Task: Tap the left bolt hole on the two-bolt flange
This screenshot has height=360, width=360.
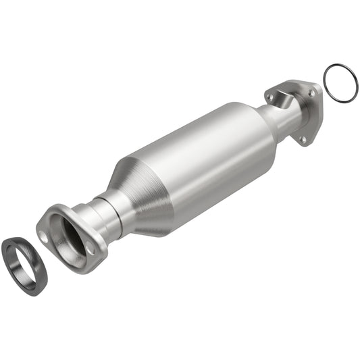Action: point(45,236)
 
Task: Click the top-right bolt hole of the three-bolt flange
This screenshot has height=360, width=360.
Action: point(311,89)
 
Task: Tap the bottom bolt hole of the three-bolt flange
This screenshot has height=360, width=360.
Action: point(303,139)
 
